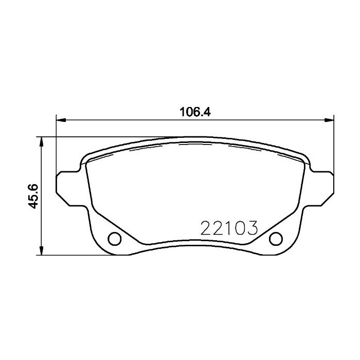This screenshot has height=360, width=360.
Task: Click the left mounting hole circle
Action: [x=114, y=238]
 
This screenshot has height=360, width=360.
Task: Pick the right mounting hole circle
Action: [x=276, y=238]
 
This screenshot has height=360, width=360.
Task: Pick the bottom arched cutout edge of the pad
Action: [x=195, y=245]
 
